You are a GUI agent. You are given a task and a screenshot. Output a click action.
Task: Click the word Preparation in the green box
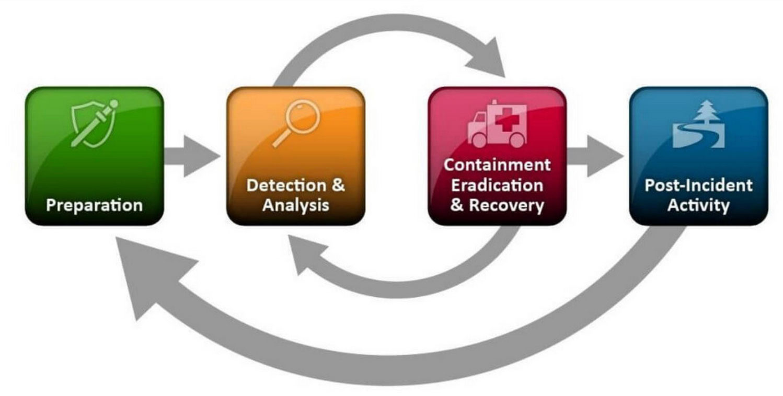pos(94,205)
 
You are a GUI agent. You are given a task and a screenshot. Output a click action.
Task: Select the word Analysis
pos(296,205)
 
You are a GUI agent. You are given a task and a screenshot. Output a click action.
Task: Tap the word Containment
pos(497,165)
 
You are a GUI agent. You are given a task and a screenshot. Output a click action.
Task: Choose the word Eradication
pos(497,185)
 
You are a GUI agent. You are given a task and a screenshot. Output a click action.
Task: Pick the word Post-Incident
pos(698,185)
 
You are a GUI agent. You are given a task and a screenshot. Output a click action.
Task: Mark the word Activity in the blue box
pos(698,205)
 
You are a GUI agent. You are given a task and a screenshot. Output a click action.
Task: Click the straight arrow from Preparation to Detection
pos(191,156)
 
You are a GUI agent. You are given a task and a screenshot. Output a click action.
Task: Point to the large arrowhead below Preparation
pos(149,277)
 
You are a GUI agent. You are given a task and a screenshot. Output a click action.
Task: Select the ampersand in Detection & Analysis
pos(338,185)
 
